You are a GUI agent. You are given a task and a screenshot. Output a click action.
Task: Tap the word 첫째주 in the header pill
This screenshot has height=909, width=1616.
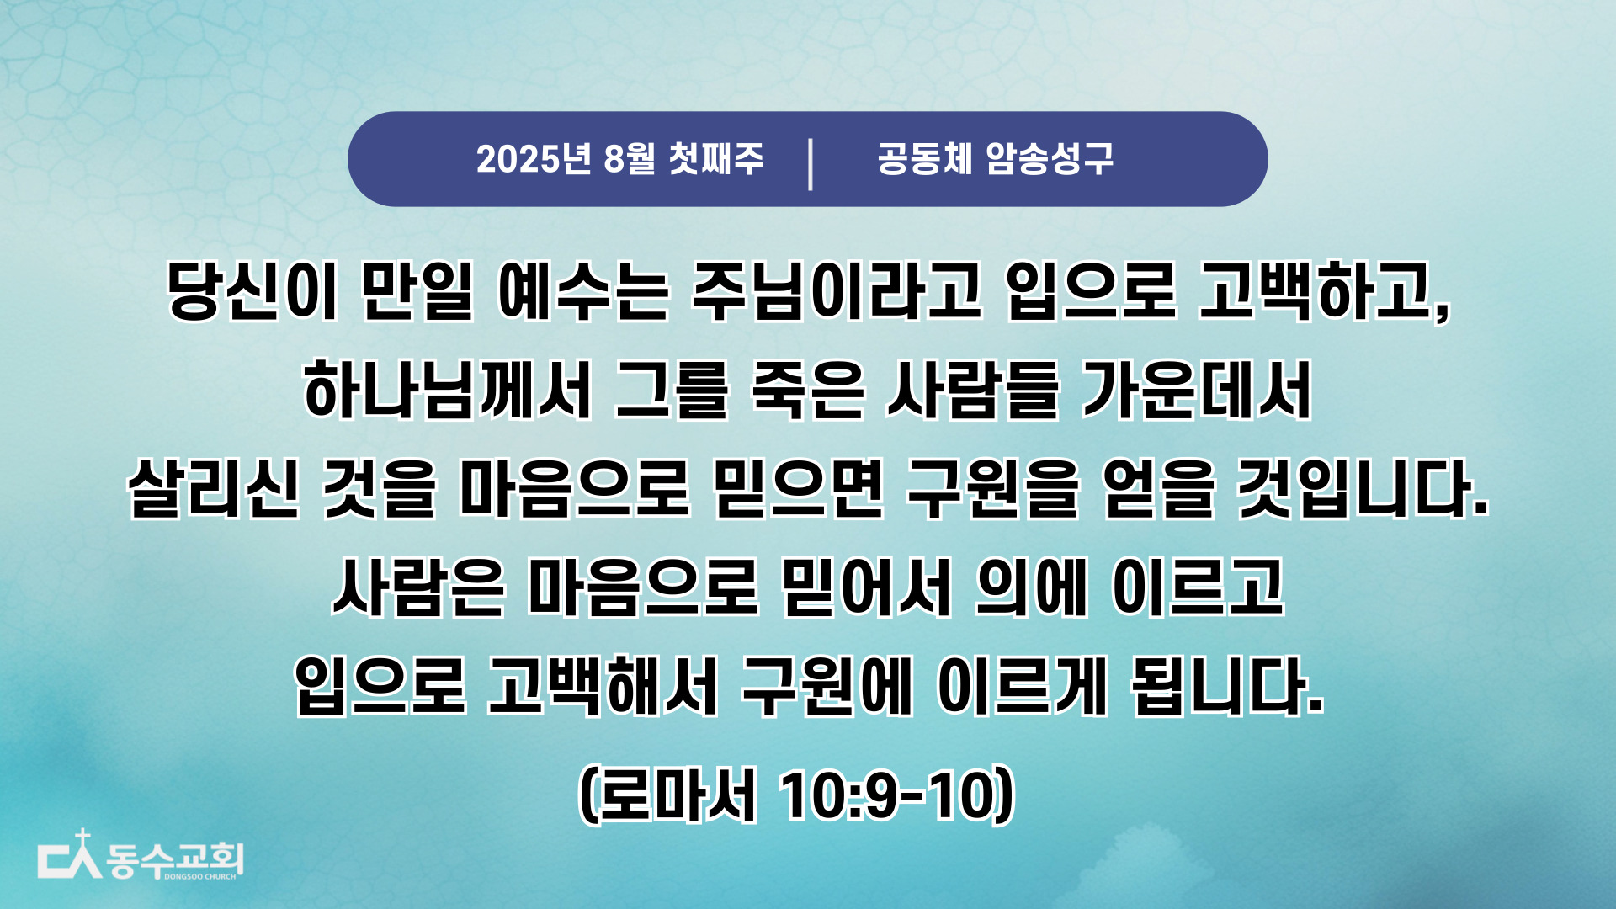pyautogui.click(x=716, y=158)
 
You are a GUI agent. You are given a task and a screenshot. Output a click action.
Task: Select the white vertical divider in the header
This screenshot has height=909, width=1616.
pyautogui.click(x=811, y=165)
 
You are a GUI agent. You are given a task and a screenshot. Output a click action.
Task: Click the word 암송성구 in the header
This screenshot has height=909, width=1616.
pyautogui.click(x=1050, y=158)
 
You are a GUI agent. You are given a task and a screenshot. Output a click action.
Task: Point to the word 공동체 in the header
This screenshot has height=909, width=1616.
pyautogui.click(x=925, y=158)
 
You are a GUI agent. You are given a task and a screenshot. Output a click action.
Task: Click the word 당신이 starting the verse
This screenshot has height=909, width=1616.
pyautogui.click(x=252, y=291)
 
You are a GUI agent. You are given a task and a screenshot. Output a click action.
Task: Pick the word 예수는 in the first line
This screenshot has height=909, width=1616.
pyautogui.click(x=583, y=291)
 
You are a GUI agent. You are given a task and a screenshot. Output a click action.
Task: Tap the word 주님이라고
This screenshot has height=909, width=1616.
pyautogui.click(x=836, y=291)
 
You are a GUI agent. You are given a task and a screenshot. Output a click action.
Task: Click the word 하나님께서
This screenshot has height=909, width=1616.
pyautogui.click(x=448, y=390)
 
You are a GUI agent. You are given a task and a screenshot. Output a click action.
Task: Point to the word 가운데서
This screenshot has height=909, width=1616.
pyautogui.click(x=1197, y=390)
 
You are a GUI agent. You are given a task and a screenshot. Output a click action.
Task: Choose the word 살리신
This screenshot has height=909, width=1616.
pyautogui.click(x=214, y=488)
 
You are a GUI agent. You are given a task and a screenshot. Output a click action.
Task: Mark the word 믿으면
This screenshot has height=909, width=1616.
pyautogui.click(x=799, y=488)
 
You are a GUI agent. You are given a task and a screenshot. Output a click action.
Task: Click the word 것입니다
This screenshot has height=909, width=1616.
pyautogui.click(x=1354, y=488)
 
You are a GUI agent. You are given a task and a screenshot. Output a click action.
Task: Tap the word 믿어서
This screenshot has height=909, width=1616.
pyautogui.click(x=867, y=587)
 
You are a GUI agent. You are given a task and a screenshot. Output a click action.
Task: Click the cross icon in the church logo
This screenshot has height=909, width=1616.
pyautogui.click(x=82, y=839)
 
